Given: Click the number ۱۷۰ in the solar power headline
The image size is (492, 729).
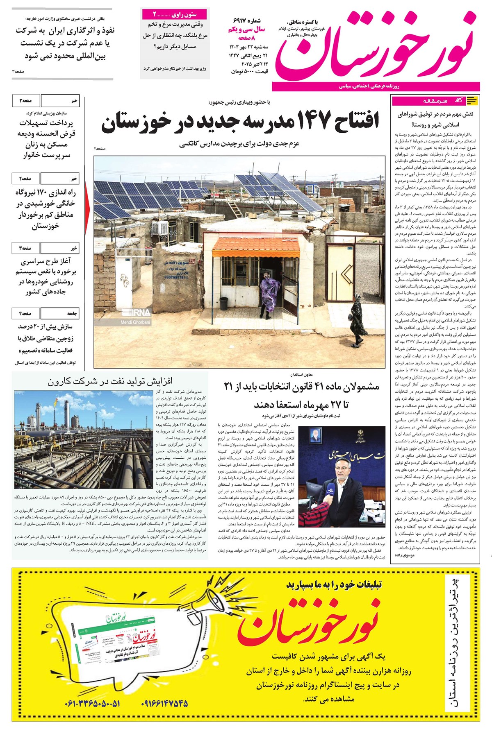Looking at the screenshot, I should [x=44, y=192].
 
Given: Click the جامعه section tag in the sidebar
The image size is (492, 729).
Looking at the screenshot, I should [x=72, y=313].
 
